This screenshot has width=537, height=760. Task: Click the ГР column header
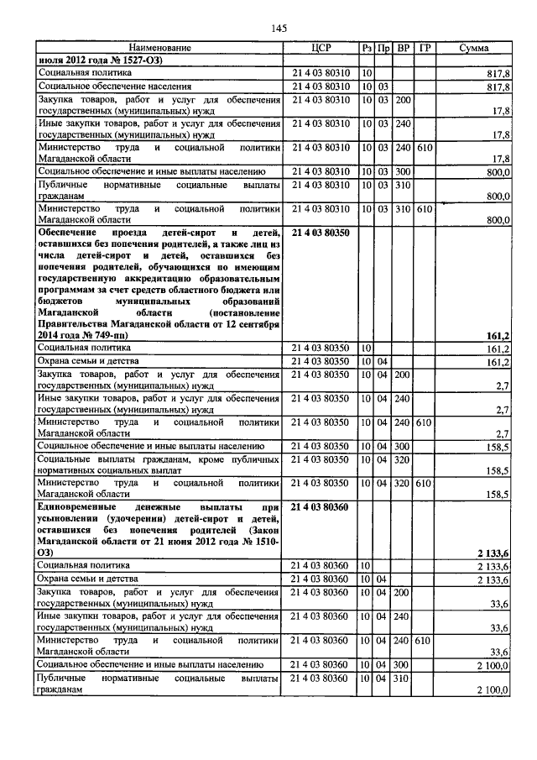(425, 49)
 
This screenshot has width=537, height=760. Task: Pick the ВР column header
(403, 49)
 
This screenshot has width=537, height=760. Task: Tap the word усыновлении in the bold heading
(72, 521)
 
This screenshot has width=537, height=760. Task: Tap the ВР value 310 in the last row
(403, 678)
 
